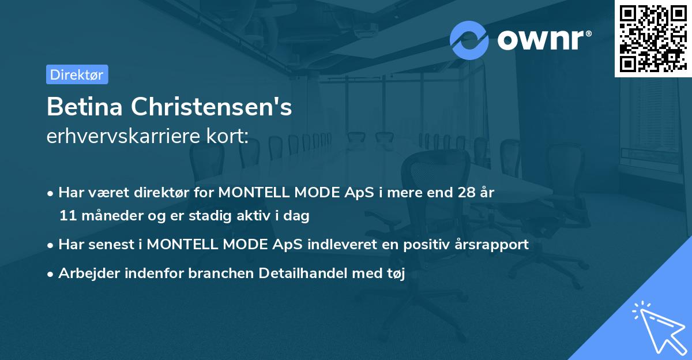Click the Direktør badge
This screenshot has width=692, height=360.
77,74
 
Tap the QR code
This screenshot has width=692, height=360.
653,38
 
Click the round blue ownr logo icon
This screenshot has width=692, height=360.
469,40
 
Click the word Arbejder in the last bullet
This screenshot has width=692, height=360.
83,273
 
